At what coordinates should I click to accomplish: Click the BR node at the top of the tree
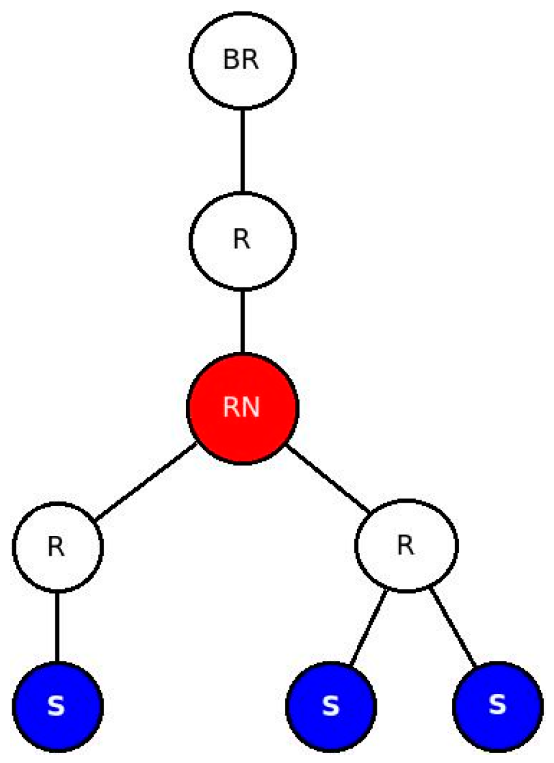[x=243, y=60]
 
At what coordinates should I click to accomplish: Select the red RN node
[x=243, y=408]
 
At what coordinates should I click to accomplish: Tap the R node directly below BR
[x=243, y=239]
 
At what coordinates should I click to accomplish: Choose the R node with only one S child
[x=57, y=546]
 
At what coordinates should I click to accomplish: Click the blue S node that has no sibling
[x=57, y=706]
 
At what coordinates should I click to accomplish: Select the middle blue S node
[x=331, y=706]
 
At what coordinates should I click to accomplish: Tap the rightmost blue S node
[x=497, y=706]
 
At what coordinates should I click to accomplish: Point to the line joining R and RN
[x=243, y=321]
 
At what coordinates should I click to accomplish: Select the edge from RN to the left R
[x=145, y=483]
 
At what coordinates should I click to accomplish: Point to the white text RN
[x=242, y=409]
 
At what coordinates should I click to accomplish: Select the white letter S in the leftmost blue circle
[x=57, y=707]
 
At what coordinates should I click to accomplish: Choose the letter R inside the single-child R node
[x=57, y=547]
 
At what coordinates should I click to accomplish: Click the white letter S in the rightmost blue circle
[x=497, y=706]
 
